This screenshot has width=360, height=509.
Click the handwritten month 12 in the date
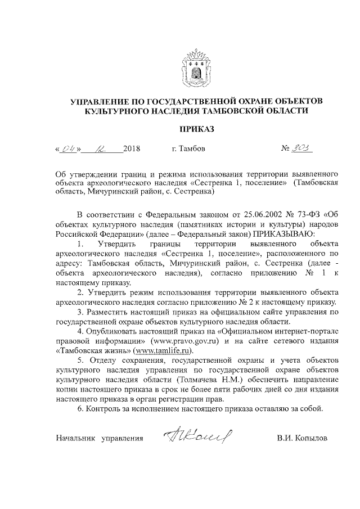tap(102, 149)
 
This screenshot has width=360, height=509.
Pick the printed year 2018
tap(130, 150)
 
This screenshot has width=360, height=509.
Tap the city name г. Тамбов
tap(188, 150)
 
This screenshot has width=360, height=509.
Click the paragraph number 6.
tap(80, 408)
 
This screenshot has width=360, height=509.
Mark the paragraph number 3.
tap(80, 312)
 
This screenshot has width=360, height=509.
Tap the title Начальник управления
tap(100, 438)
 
